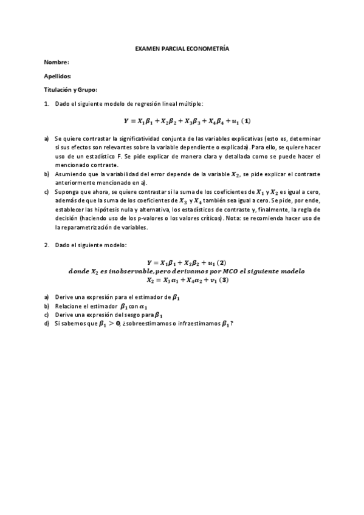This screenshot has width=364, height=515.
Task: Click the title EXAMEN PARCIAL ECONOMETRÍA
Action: click(182, 48)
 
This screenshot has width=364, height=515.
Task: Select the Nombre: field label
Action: click(57, 62)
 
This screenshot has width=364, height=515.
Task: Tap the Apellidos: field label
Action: click(58, 76)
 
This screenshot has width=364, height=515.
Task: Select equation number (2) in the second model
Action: click(222, 262)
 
